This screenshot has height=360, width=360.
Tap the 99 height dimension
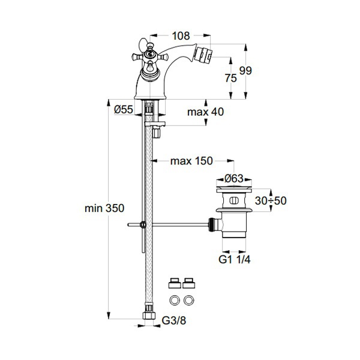[x=246, y=71]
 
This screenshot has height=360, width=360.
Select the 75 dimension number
[x=230, y=79]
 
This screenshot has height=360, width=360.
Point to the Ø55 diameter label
[x=123, y=110]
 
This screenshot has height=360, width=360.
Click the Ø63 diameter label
[x=234, y=178]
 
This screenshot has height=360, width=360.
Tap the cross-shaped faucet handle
[x=149, y=57]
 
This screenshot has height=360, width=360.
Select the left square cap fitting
[x=175, y=281]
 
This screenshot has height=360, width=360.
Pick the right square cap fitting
[x=190, y=281]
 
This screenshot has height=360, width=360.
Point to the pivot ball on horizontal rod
[x=142, y=226]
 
